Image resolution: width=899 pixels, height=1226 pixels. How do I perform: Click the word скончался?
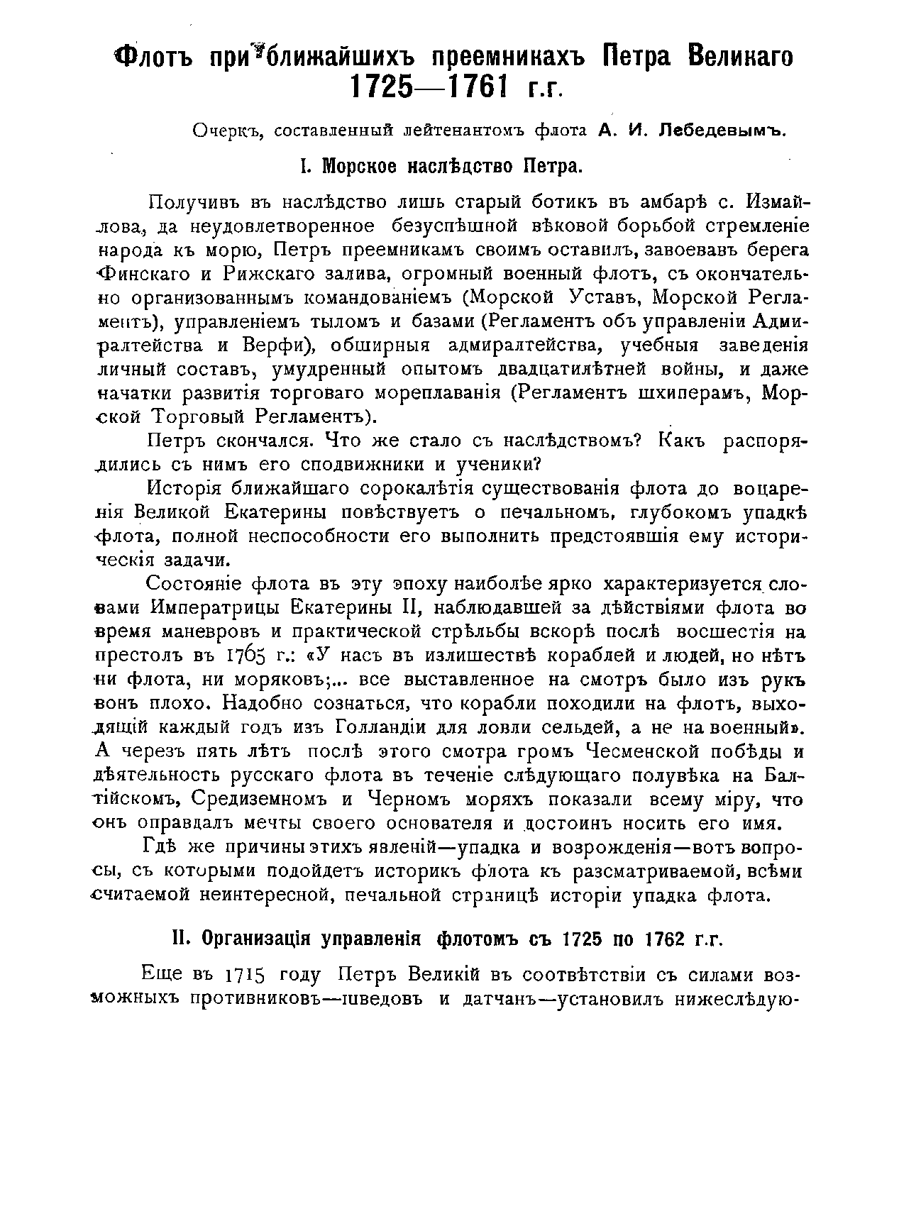(260, 441)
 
